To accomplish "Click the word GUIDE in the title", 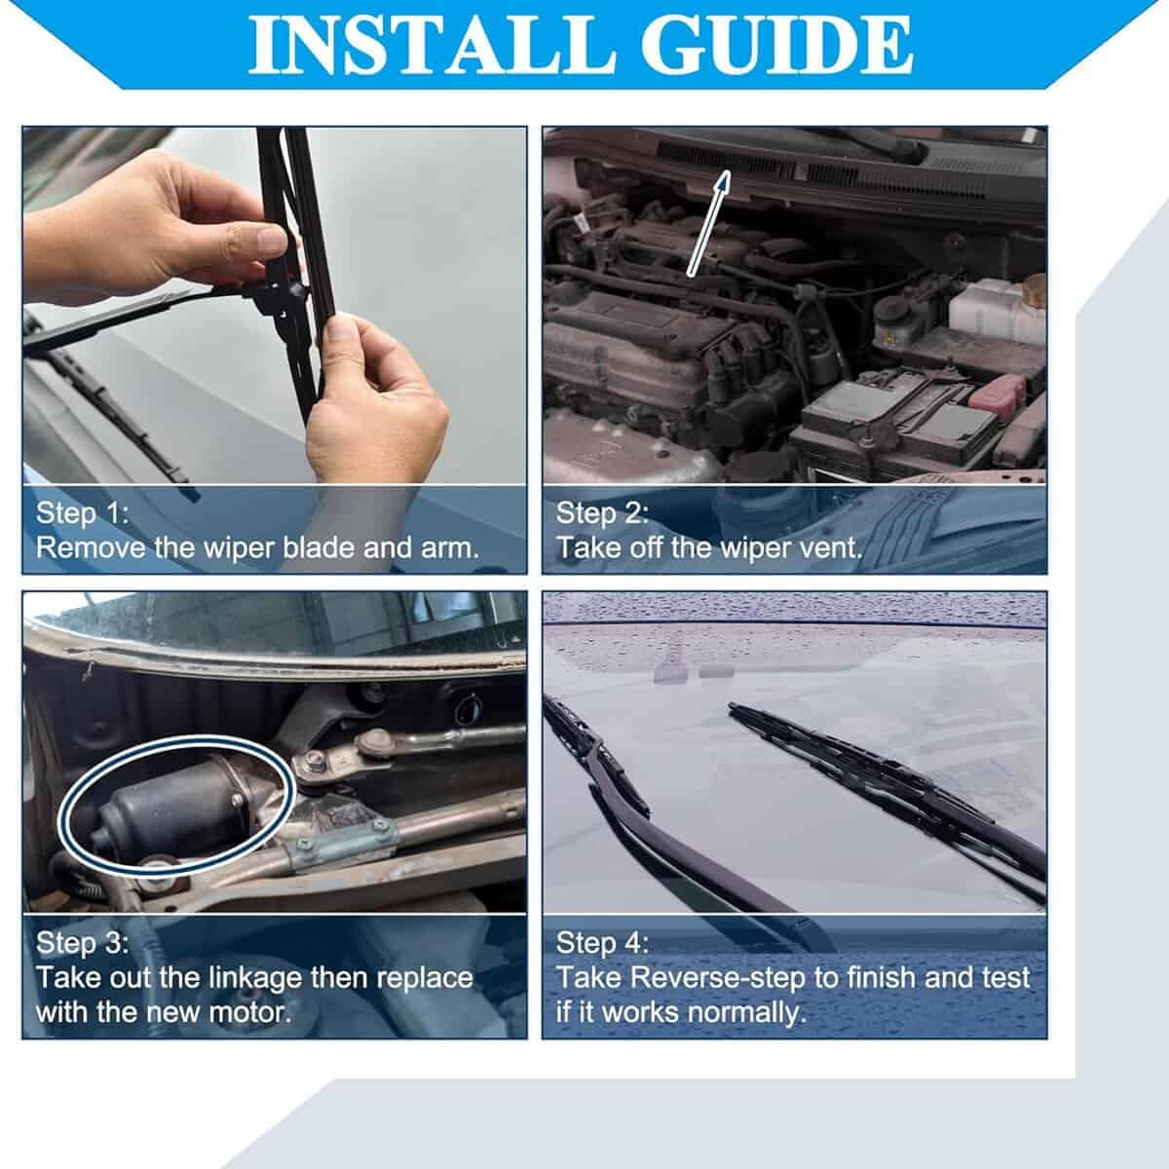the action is [777, 46].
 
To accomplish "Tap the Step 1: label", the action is [83, 513].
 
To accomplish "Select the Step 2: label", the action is [602, 513].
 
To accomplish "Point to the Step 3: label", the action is [83, 943].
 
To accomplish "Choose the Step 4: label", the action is [602, 943].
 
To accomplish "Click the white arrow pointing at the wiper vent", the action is [708, 223].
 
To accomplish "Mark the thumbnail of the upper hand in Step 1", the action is [271, 241].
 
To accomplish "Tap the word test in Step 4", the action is [1005, 978].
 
